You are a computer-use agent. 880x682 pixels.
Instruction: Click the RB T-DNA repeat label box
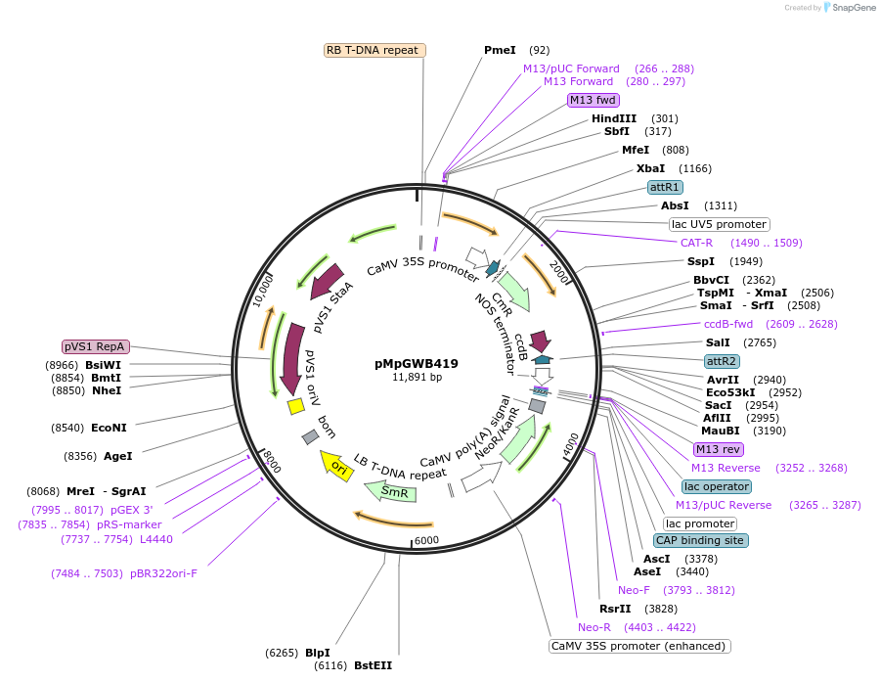pyautogui.click(x=373, y=50)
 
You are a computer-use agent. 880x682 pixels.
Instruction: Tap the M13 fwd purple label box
pyautogui.click(x=594, y=100)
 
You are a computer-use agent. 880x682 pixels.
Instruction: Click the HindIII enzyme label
pyautogui.click(x=614, y=118)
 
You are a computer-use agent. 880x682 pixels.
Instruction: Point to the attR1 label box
pyautogui.click(x=665, y=186)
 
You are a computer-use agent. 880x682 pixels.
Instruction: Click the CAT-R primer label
pyautogui.click(x=697, y=243)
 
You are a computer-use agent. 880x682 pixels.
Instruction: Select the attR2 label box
pyautogui.click(x=723, y=361)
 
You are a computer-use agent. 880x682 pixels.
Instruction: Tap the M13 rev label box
pyautogui.click(x=718, y=449)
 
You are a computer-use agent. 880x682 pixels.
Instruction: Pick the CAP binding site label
pyautogui.click(x=700, y=540)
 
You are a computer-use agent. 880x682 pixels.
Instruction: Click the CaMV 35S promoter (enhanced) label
pyautogui.click(x=639, y=646)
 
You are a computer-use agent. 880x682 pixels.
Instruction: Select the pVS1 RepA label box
pyautogui.click(x=95, y=346)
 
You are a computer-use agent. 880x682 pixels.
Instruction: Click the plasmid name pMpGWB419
pyautogui.click(x=417, y=363)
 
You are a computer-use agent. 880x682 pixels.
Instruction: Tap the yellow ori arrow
pyautogui.click(x=337, y=467)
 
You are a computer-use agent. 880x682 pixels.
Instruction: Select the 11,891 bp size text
pyautogui.click(x=417, y=377)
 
